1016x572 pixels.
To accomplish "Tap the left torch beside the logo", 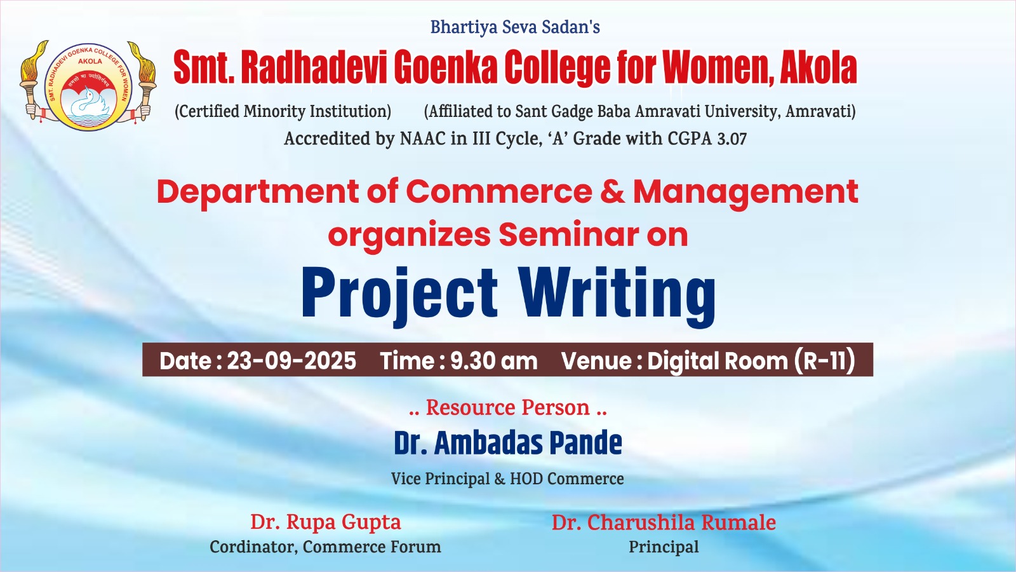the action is [32, 80].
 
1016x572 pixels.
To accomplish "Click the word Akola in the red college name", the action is [819, 67].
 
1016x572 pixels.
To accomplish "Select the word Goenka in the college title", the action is [445, 67].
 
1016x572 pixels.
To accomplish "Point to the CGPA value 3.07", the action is [732, 139].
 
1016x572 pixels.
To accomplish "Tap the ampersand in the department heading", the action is [612, 191].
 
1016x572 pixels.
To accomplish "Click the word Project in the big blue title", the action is [399, 293].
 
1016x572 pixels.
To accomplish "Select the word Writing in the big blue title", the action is [617, 295].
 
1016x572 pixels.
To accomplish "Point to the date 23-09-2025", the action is [291, 361].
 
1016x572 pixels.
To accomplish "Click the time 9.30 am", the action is [493, 361].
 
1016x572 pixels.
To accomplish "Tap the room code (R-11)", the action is [825, 360].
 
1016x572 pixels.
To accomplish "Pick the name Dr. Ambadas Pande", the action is [508, 442].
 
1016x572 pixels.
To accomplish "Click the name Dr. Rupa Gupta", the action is [326, 522].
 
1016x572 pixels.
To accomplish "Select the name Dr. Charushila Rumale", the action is [664, 522].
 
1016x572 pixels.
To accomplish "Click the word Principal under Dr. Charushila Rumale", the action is [664, 547].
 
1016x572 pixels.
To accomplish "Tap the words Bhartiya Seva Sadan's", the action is [515, 27].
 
